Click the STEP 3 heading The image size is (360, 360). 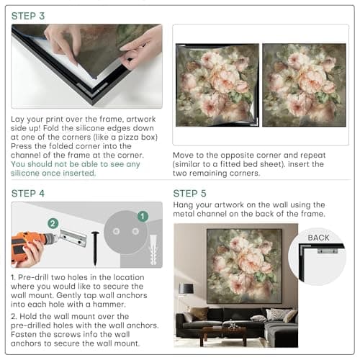coord(28,16)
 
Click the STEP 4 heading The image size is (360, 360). coord(28,194)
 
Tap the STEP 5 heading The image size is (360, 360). coord(190,194)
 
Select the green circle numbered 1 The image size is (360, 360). coord(143,216)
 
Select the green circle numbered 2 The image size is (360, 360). coord(53,223)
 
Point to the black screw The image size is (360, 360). coord(95,248)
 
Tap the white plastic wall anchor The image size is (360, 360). coord(153,250)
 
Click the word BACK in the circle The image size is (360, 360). coord(318,238)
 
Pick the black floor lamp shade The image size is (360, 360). coord(186,289)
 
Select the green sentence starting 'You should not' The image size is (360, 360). coord(76,168)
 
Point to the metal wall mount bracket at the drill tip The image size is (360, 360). coord(73,238)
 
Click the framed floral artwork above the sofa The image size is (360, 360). coord(244,266)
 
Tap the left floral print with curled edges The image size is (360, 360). coord(217,85)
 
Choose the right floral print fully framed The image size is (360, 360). coord(304,85)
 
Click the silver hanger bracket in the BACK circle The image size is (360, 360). coord(328,251)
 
